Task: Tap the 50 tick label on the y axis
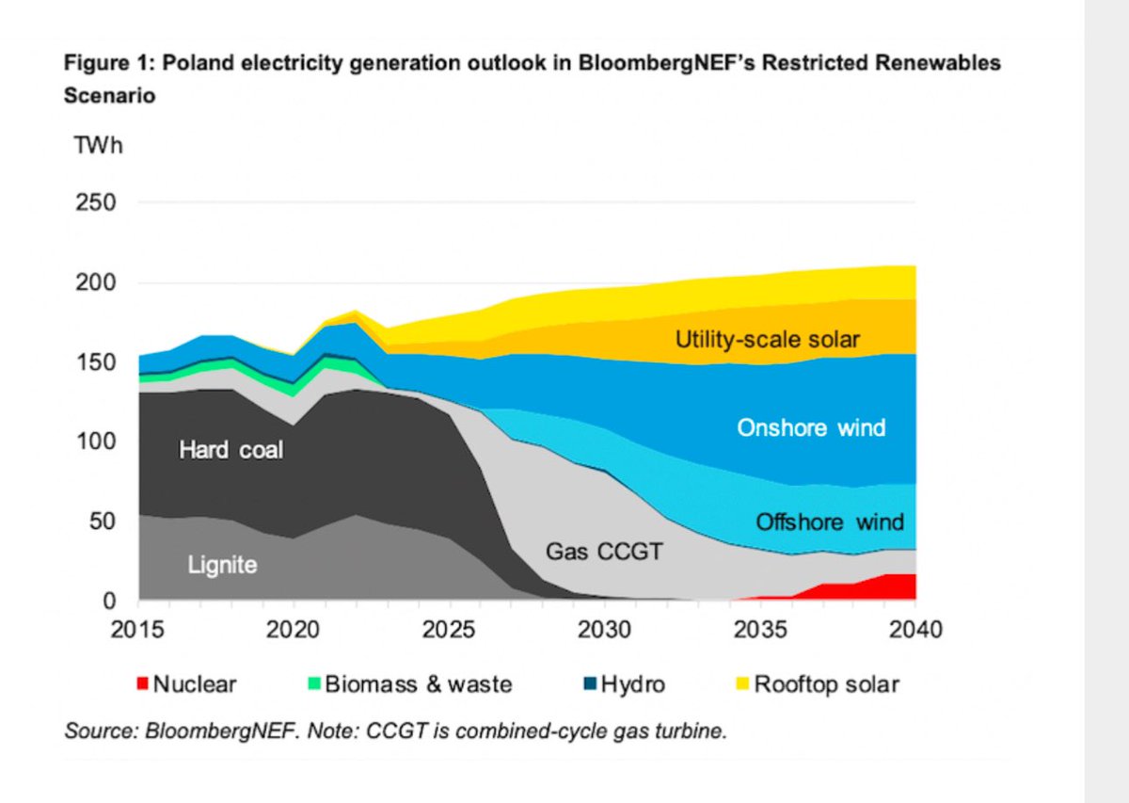pyautogui.click(x=103, y=522)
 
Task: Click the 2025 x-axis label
pyautogui.click(x=449, y=629)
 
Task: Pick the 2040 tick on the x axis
pyautogui.click(x=914, y=629)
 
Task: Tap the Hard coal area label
pyautogui.click(x=231, y=451)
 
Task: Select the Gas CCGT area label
pyautogui.click(x=604, y=551)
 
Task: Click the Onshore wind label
pyautogui.click(x=811, y=428)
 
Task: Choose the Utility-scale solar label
pyautogui.click(x=768, y=340)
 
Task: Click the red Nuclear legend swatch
pyautogui.click(x=142, y=684)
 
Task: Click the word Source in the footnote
pyautogui.click(x=92, y=731)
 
